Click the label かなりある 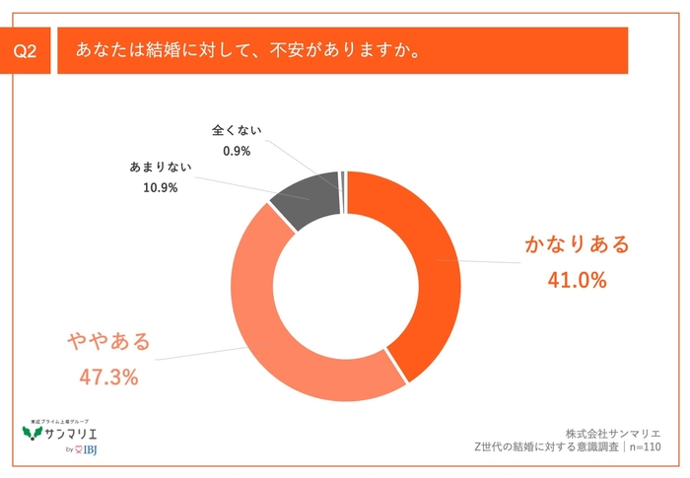tap(577, 243)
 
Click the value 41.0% tap(577, 280)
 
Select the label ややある tap(108, 341)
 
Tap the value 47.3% tap(108, 377)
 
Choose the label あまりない tap(155, 168)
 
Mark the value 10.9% tap(154, 187)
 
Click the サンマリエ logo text tap(72, 433)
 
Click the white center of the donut tap(345, 286)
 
